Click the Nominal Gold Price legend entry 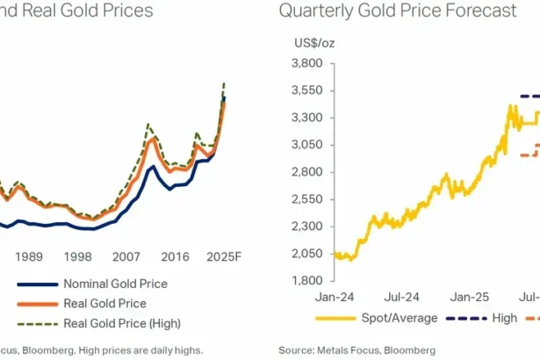pos(114,284)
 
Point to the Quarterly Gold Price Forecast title pos(398,11)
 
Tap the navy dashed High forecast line pos(530,96)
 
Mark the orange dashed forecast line pos(529,155)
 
